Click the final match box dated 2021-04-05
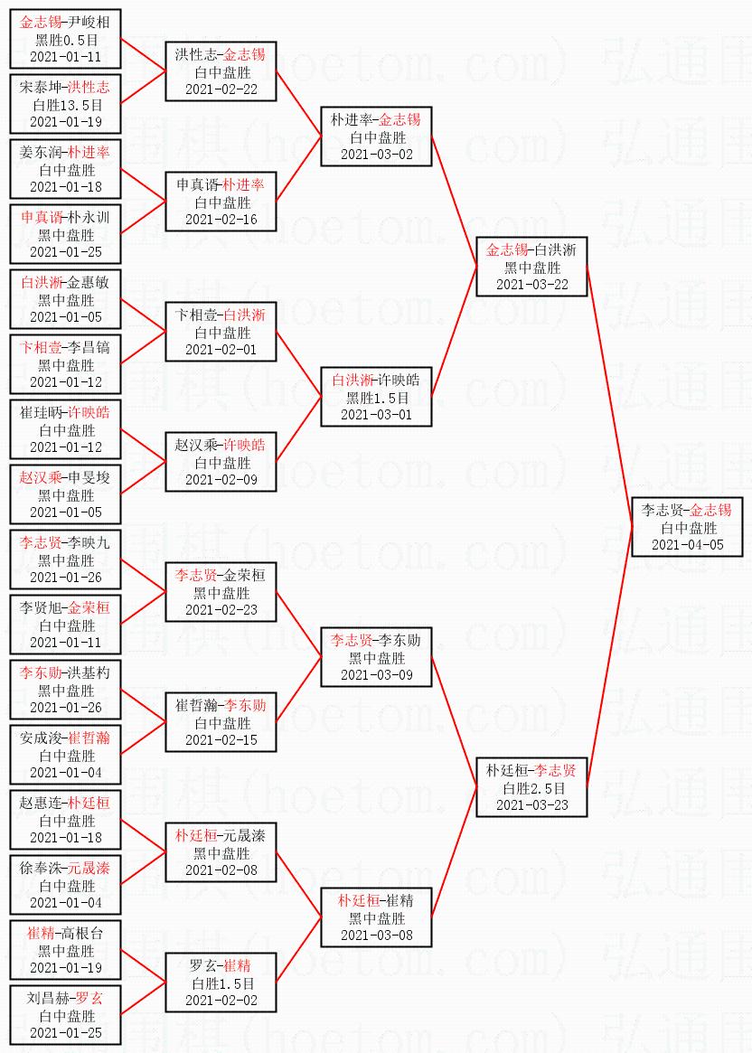[687, 527]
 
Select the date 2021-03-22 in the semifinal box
[532, 284]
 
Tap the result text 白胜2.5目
[532, 788]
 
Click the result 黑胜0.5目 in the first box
[65, 40]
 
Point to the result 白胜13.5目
[65, 105]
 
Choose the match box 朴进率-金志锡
[376, 136]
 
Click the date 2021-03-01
[376, 414]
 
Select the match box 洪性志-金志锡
[221, 71]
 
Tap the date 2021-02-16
[221, 219]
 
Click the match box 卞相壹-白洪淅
[221, 332]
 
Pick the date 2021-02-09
[221, 479]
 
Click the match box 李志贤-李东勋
[376, 657]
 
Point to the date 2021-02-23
[221, 609]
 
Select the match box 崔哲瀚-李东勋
[221, 722]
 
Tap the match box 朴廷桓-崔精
[376, 917]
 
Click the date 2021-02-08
[221, 870]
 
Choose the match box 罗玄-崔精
[221, 982]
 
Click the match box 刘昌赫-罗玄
[65, 1015]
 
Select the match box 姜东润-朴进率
[65, 169]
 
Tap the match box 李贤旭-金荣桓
[65, 625]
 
